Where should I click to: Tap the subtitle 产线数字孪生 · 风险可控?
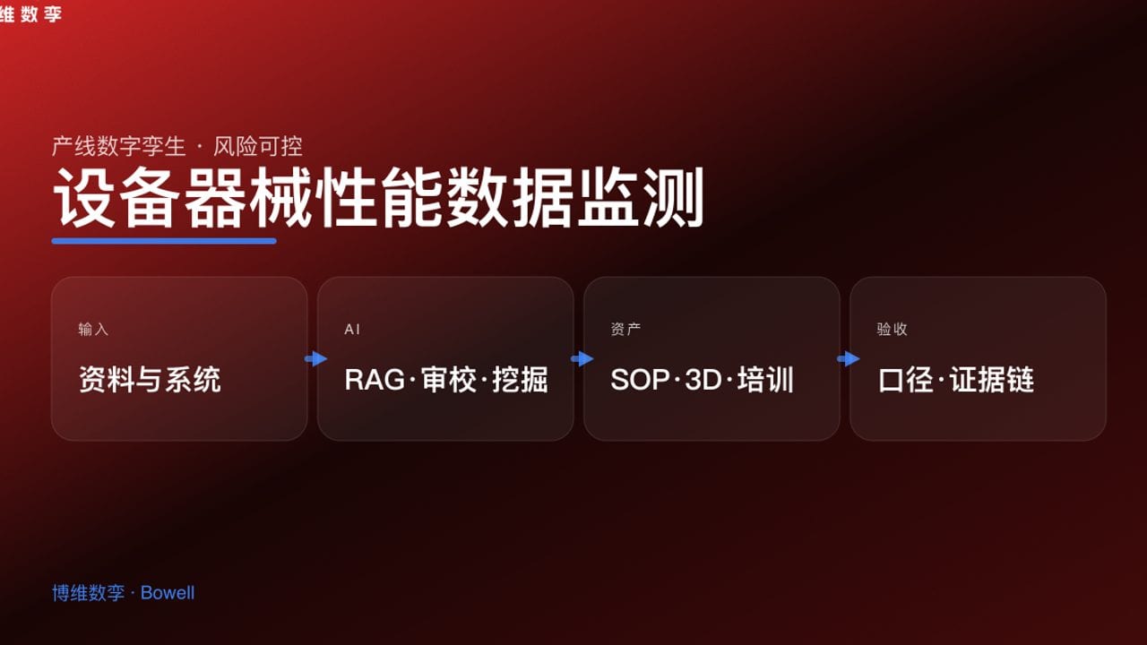[177, 146]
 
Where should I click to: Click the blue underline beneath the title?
[164, 240]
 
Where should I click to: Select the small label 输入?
[93, 330]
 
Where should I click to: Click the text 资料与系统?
[150, 380]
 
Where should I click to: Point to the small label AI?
[352, 330]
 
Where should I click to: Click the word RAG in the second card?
[375, 380]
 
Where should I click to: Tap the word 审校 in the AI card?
[448, 380]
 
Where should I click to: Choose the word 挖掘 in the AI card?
[520, 380]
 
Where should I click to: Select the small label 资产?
[625, 330]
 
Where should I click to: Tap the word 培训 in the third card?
[766, 380]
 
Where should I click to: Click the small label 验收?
[892, 330]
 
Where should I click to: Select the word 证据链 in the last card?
[992, 380]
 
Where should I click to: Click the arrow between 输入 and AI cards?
[315, 358]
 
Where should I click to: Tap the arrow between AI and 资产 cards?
[582, 358]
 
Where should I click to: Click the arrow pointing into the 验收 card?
[848, 358]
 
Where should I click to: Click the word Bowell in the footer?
[168, 593]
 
